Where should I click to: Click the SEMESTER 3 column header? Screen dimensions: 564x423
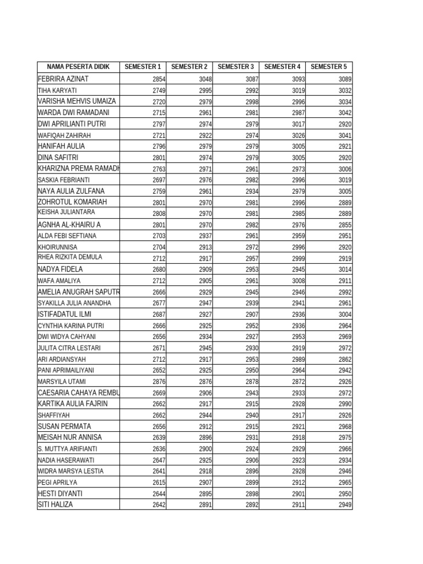pyautogui.click(x=236, y=67)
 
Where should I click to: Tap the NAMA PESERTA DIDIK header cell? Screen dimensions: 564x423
pyautogui.click(x=78, y=67)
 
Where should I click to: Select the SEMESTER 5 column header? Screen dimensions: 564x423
pyautogui.click(x=329, y=67)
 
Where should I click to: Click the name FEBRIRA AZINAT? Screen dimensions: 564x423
pyautogui.click(x=63, y=79)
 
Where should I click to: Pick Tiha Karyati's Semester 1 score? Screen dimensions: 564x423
pyautogui.click(x=159, y=90)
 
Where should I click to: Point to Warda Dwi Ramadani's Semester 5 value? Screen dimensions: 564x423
pyautogui.click(x=345, y=113)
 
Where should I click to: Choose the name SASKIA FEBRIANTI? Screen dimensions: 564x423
pyautogui.click(x=63, y=180)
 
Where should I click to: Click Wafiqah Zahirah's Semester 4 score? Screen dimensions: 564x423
pyautogui.click(x=299, y=135)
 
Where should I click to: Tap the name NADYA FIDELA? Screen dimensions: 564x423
pyautogui.click(x=60, y=269)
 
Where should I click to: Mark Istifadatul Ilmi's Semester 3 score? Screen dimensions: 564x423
pyautogui.click(x=252, y=314)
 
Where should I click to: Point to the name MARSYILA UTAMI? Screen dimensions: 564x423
pyautogui.click(x=62, y=382)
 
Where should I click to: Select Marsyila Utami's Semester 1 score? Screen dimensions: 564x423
pyautogui.click(x=159, y=382)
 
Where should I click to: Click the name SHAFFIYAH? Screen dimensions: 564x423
pyautogui.click(x=54, y=415)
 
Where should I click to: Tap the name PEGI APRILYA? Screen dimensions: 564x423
pyautogui.click(x=58, y=482)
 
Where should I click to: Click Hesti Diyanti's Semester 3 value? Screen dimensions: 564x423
pyautogui.click(x=252, y=494)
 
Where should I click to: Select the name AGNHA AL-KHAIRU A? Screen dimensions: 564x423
pyautogui.click(x=69, y=225)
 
